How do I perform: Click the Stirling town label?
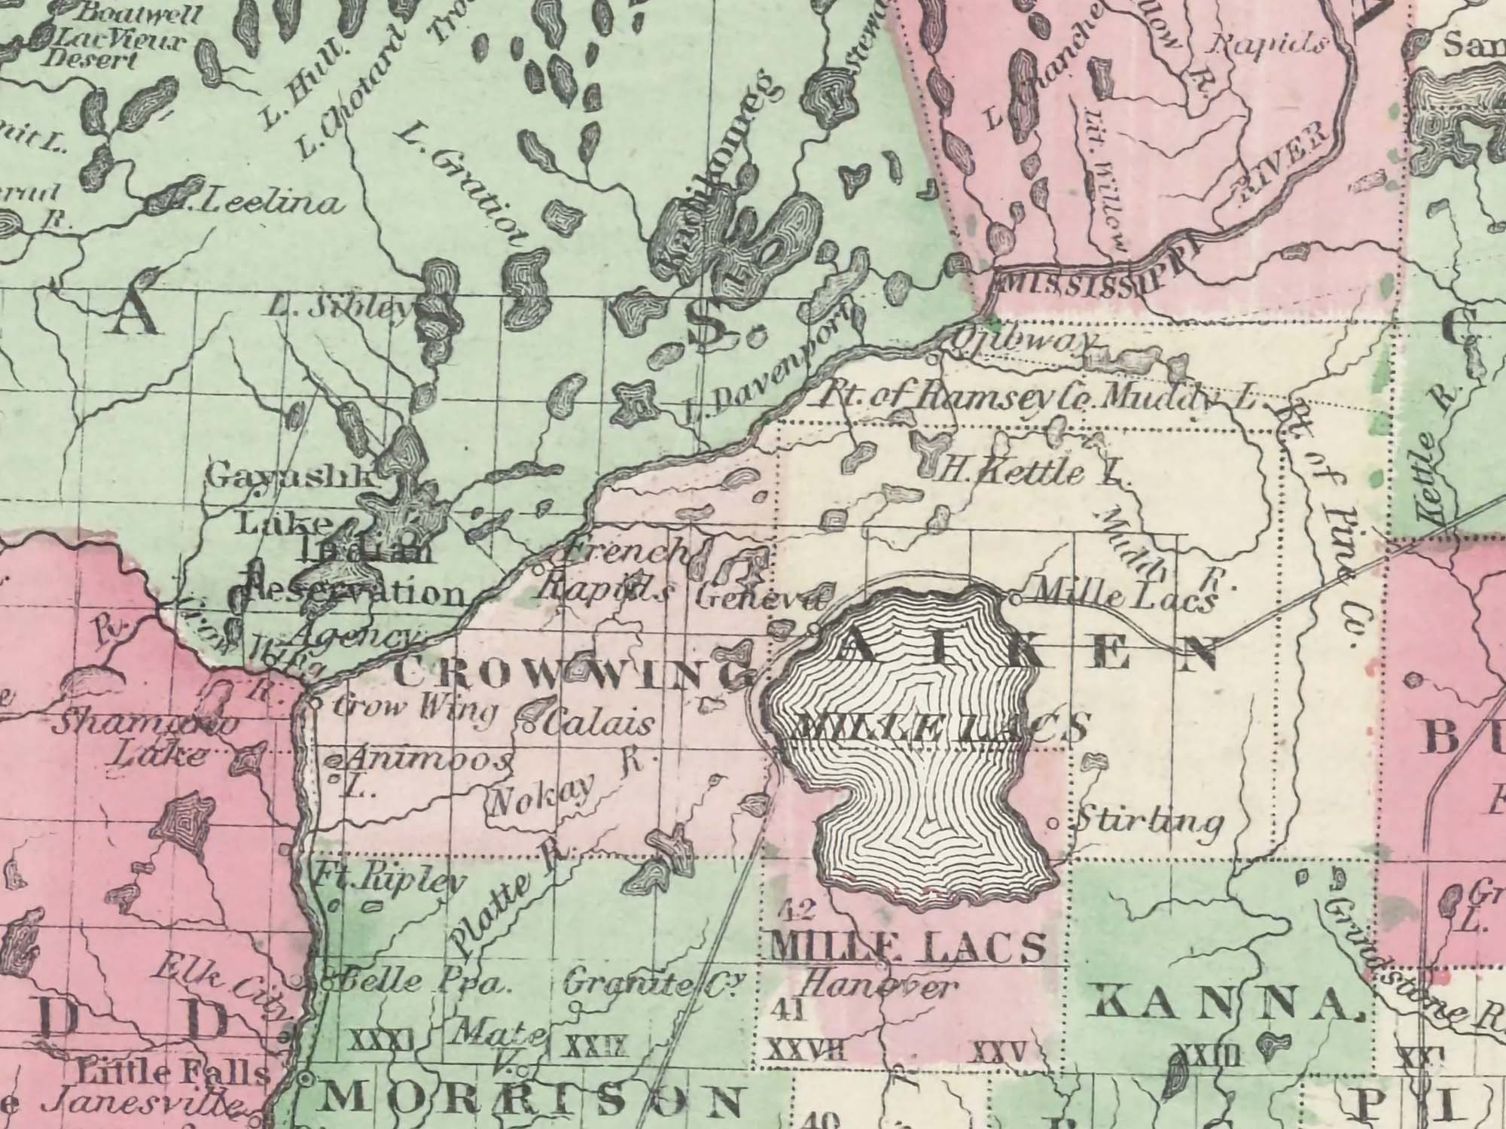pyautogui.click(x=1146, y=821)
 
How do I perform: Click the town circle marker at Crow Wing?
pyautogui.click(x=316, y=704)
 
